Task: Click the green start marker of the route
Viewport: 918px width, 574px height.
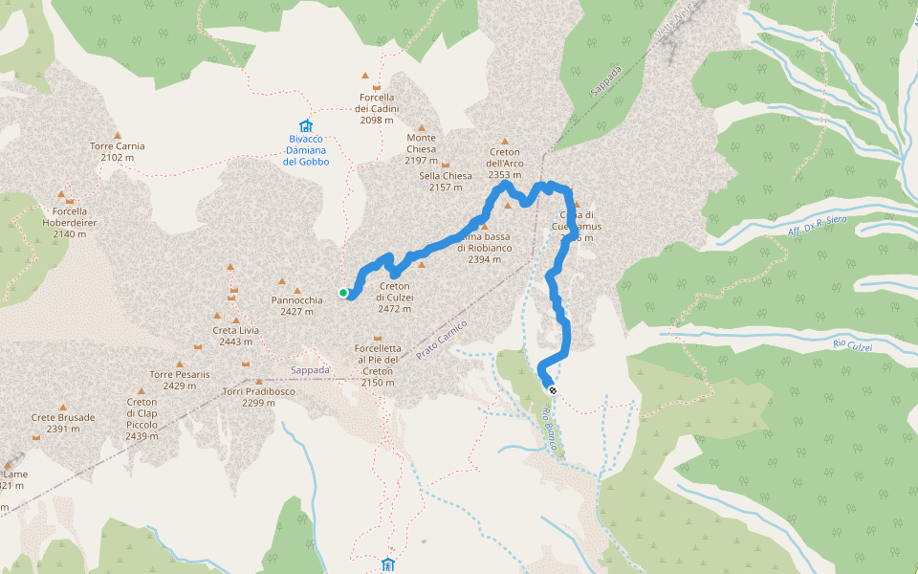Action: coord(343,293)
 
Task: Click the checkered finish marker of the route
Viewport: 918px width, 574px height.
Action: coord(552,389)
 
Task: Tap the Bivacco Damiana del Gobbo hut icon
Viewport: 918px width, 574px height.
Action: coord(305,126)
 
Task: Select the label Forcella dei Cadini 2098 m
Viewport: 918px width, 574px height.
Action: coord(376,108)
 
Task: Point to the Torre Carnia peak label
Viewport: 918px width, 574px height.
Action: coord(118,151)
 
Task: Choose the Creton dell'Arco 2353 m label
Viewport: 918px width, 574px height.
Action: coord(504,164)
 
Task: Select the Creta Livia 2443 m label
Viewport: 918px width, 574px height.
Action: coord(235,336)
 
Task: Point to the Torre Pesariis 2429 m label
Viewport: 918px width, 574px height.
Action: coord(179,380)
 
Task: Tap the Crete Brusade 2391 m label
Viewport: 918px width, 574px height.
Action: coord(63,423)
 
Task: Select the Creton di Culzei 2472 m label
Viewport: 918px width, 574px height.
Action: coord(395,297)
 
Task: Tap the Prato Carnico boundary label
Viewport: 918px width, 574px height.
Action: coord(442,341)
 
